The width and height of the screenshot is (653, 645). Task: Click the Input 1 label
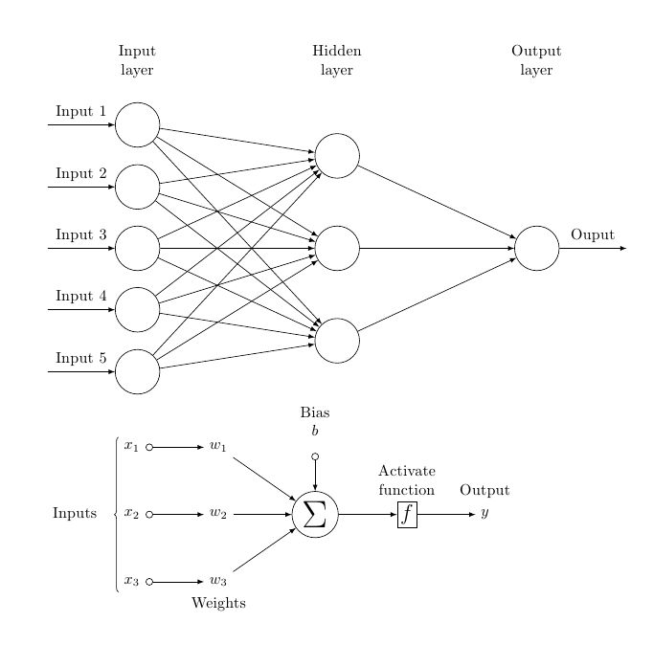click(80, 112)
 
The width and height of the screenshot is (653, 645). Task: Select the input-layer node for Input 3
click(137, 249)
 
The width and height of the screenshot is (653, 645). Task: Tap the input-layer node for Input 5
click(137, 371)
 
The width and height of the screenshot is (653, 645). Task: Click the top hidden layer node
click(337, 156)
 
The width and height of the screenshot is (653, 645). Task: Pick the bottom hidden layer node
click(337, 341)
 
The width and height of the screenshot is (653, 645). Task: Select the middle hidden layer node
click(337, 249)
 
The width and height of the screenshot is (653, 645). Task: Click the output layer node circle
click(536, 249)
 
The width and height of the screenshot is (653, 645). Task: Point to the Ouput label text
click(593, 234)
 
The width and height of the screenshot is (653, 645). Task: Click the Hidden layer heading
click(337, 60)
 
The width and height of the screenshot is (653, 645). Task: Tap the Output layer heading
click(536, 60)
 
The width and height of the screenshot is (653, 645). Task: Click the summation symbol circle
click(315, 514)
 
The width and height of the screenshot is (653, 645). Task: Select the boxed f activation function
click(408, 514)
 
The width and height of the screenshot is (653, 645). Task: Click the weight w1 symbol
click(218, 447)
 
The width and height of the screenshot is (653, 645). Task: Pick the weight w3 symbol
click(218, 581)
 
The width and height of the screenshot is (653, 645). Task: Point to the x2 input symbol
click(132, 514)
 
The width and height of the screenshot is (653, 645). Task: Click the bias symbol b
click(315, 432)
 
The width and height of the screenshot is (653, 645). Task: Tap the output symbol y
click(484, 514)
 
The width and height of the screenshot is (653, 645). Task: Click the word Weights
click(218, 603)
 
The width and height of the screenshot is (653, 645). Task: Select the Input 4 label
click(80, 297)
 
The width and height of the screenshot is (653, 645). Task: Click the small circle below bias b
click(315, 456)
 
